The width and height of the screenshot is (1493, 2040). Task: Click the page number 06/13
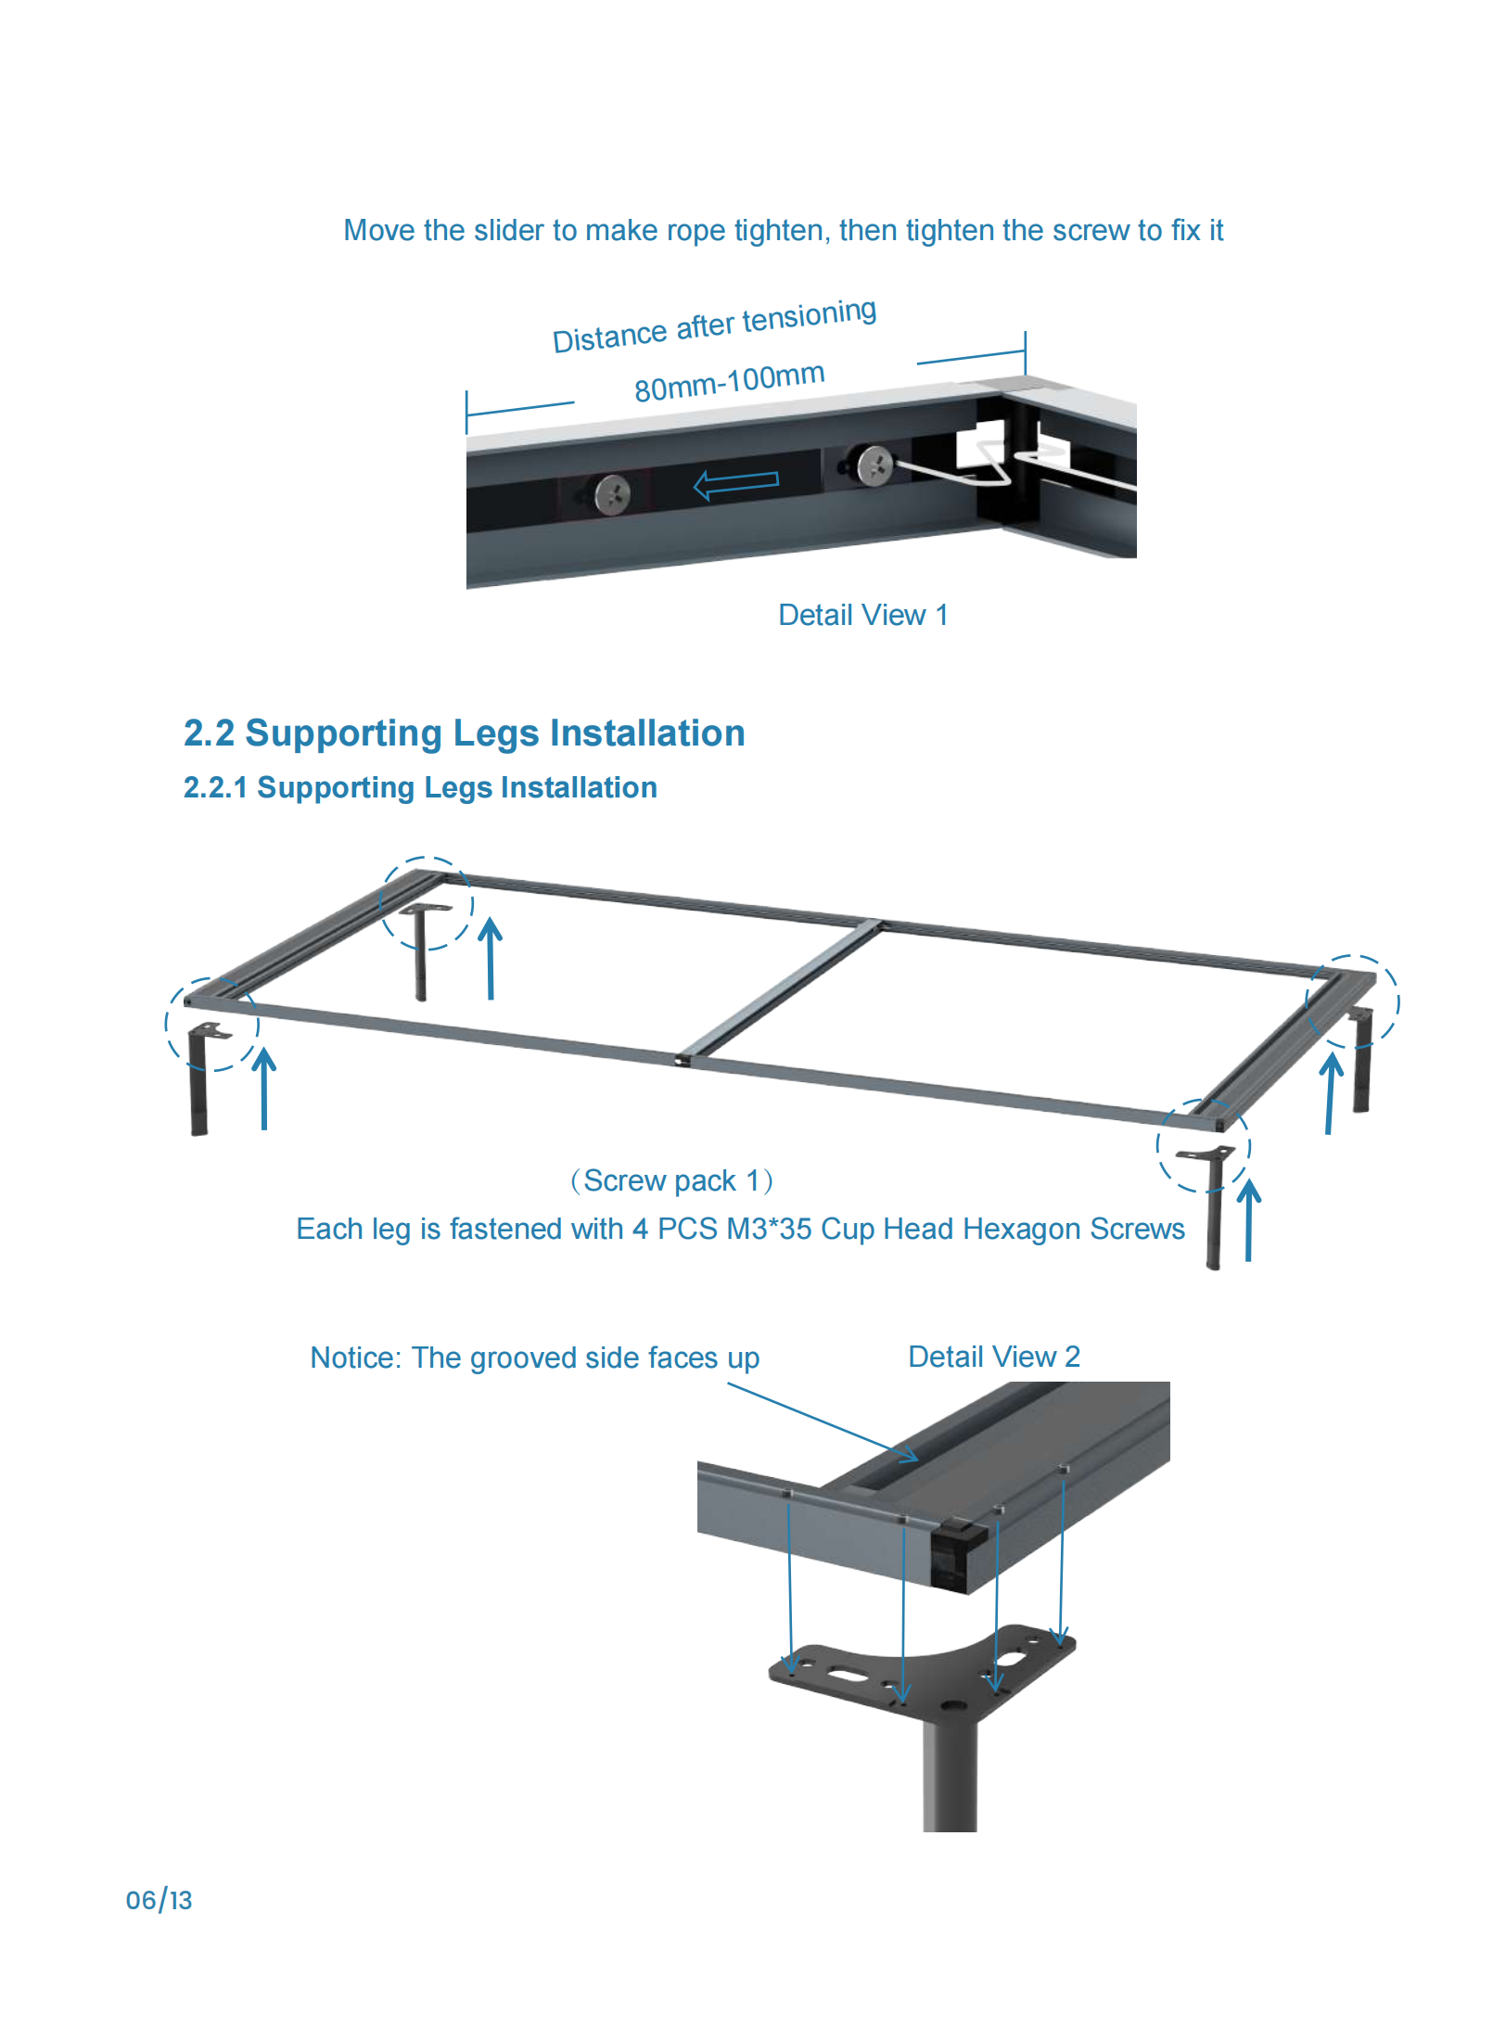[x=159, y=1900]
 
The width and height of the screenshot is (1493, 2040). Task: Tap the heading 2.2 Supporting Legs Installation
[x=464, y=733]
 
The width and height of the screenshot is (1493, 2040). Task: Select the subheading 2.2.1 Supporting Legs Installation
[x=420, y=787]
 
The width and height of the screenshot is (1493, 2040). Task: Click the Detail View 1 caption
[x=862, y=615]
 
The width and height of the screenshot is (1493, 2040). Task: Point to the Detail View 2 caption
[x=993, y=1357]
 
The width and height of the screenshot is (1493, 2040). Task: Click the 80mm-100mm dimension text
[x=729, y=381]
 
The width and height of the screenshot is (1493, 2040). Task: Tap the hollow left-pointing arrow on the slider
[x=736, y=481]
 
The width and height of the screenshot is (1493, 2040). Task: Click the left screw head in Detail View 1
[x=612, y=493]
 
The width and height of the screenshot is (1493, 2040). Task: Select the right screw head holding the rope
[x=874, y=465]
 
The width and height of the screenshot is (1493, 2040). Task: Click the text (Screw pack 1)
[x=671, y=1180]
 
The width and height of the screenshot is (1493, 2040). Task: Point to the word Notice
[x=354, y=1358]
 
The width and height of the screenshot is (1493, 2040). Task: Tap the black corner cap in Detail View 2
[x=957, y=1549]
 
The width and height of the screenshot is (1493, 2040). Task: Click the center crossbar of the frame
[x=784, y=989]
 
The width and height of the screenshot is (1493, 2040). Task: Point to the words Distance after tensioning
[x=714, y=325]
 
